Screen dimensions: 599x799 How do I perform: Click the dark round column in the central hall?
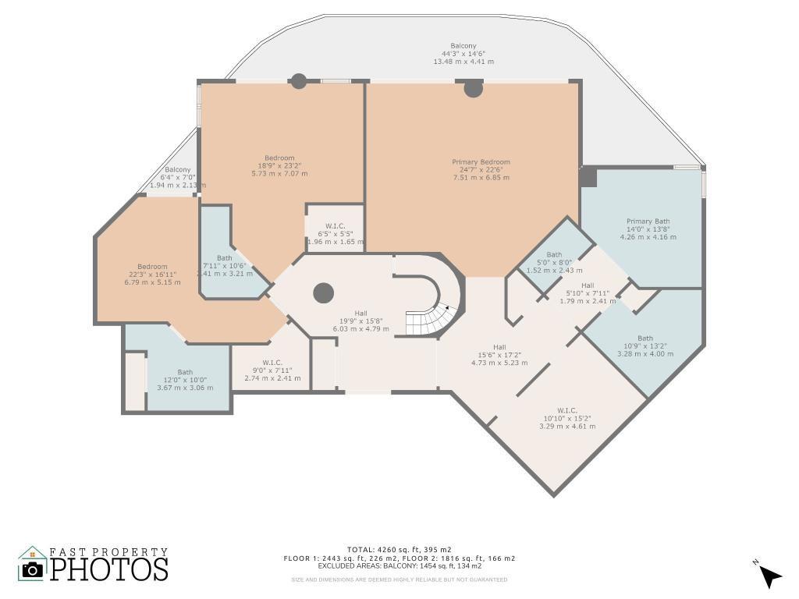coord(324,293)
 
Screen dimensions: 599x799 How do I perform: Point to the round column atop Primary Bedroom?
coord(473,88)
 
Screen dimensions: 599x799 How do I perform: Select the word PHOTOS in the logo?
coord(109,569)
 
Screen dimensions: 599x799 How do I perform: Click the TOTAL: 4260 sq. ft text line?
coord(399,550)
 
